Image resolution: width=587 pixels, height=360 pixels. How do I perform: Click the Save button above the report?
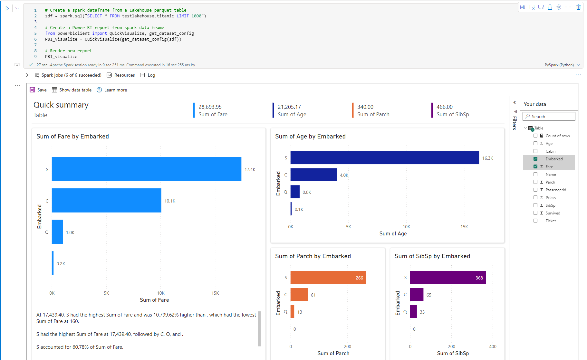click(x=38, y=90)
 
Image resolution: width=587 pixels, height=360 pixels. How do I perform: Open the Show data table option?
click(x=72, y=90)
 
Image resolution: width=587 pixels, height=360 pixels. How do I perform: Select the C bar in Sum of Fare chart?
click(x=106, y=200)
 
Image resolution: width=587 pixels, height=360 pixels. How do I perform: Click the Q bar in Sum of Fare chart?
click(x=57, y=232)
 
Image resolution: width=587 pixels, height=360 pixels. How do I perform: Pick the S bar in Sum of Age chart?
click(x=384, y=158)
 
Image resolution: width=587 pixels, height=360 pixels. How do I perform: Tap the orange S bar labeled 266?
click(x=328, y=278)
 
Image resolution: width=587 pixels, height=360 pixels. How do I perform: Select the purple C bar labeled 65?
click(x=417, y=295)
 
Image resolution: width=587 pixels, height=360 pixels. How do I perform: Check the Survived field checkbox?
click(x=535, y=213)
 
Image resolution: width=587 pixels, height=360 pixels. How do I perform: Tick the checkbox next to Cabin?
click(x=535, y=151)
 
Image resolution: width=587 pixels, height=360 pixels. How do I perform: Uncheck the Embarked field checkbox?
click(x=535, y=159)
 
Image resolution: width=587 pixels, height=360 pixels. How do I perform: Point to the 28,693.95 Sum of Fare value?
click(x=210, y=107)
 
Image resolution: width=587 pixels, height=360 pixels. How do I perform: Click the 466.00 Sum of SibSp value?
click(x=445, y=107)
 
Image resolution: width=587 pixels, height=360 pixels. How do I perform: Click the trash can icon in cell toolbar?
click(x=578, y=7)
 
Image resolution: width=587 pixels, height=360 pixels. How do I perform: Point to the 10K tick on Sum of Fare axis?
click(x=161, y=293)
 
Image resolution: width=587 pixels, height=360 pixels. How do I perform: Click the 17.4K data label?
click(x=250, y=169)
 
